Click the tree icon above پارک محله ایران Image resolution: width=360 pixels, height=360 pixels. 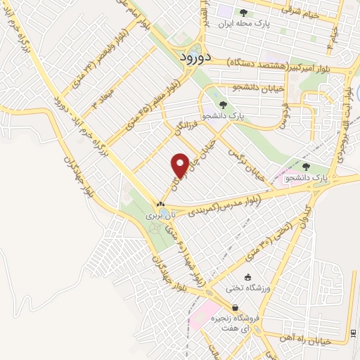point(243,12)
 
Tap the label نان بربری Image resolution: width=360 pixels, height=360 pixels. point(158,217)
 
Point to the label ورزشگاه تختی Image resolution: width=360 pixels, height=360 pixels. point(243,288)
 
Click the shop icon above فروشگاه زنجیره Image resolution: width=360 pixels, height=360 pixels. point(235,308)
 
